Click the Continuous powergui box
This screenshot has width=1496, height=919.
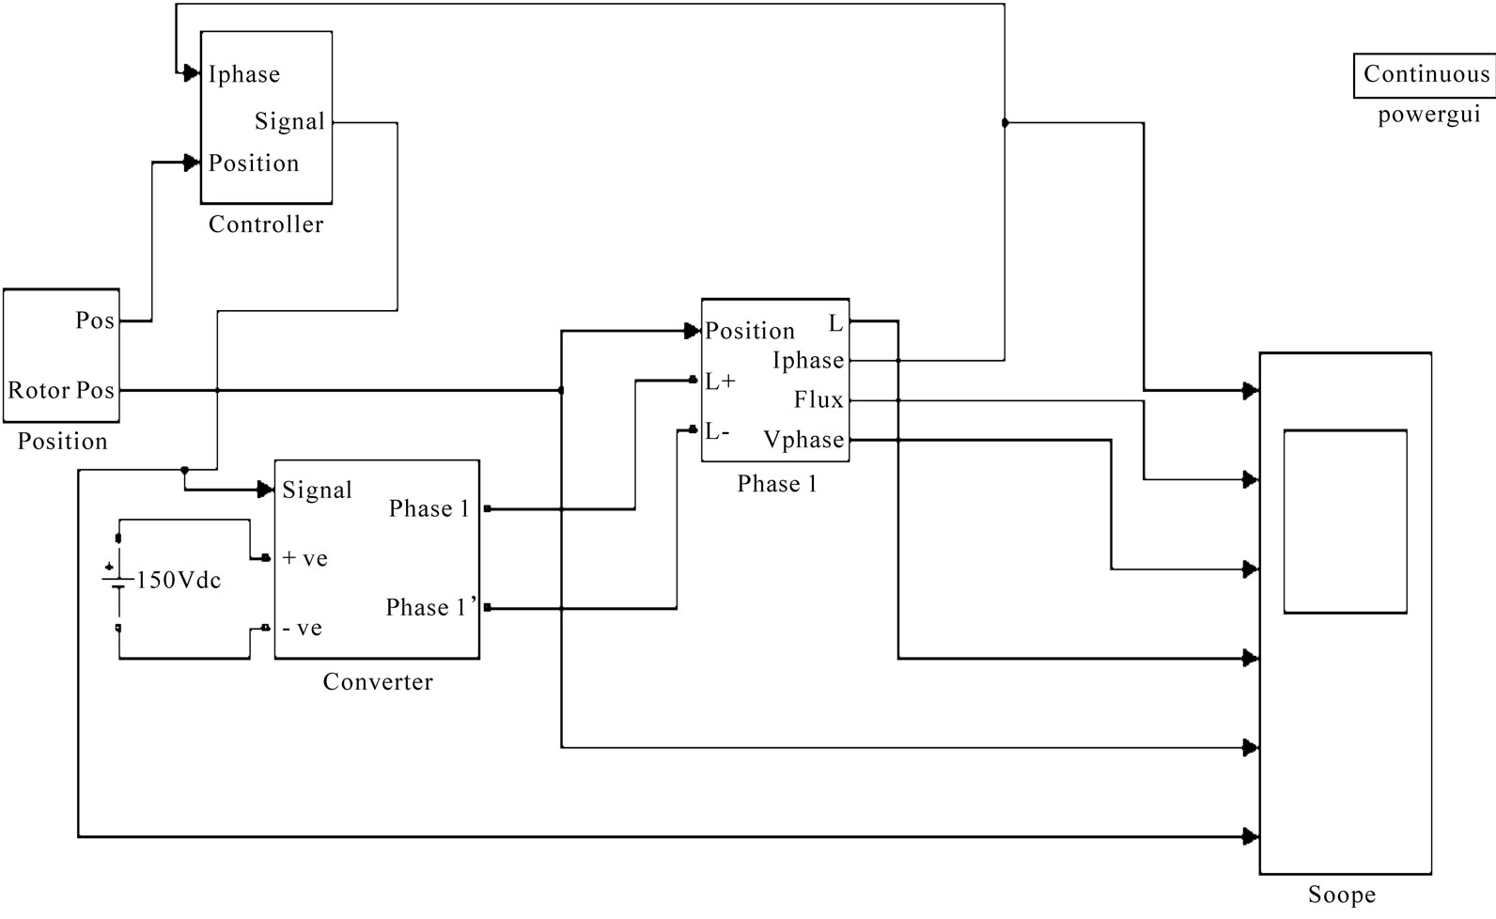point(1426,75)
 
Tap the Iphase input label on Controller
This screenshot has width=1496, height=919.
point(244,74)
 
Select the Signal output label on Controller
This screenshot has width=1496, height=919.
point(289,122)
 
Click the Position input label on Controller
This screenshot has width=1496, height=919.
point(254,164)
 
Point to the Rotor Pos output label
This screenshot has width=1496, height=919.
point(61,390)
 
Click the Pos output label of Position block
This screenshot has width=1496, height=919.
point(95,320)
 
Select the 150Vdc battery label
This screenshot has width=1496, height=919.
point(179,581)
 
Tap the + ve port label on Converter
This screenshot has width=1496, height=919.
point(305,558)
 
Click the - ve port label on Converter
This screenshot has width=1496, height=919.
point(303,628)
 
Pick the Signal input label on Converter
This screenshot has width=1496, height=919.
point(317,491)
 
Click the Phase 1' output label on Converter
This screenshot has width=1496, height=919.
point(427,608)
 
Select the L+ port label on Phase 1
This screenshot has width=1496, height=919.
point(721,382)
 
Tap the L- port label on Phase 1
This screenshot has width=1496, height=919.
point(718,432)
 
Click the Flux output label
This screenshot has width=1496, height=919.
point(818,400)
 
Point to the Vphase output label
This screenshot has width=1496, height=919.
point(803,440)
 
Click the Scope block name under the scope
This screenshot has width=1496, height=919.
point(1341,896)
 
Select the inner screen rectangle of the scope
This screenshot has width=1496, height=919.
point(1345,522)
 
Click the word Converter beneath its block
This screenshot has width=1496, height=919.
point(378,682)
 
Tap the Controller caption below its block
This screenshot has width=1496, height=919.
point(266,225)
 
